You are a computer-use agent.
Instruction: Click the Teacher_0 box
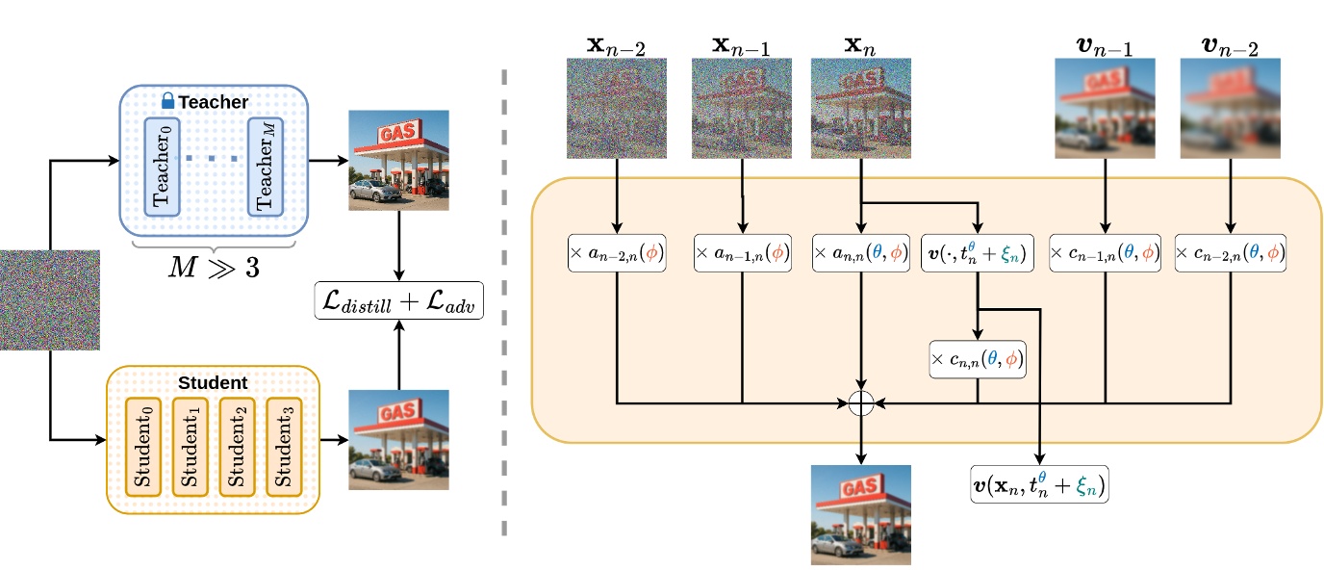tap(162, 166)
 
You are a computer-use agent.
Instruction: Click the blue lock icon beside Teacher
tap(167, 100)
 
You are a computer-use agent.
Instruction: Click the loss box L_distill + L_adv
tap(398, 303)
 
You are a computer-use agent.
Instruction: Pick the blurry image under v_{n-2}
tap(1230, 108)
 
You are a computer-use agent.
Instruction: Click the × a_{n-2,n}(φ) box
tap(616, 253)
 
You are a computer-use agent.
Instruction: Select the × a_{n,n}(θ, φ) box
tap(861, 253)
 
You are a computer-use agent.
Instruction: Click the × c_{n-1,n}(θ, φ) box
tap(1104, 253)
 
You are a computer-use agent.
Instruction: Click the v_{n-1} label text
tap(1104, 42)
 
